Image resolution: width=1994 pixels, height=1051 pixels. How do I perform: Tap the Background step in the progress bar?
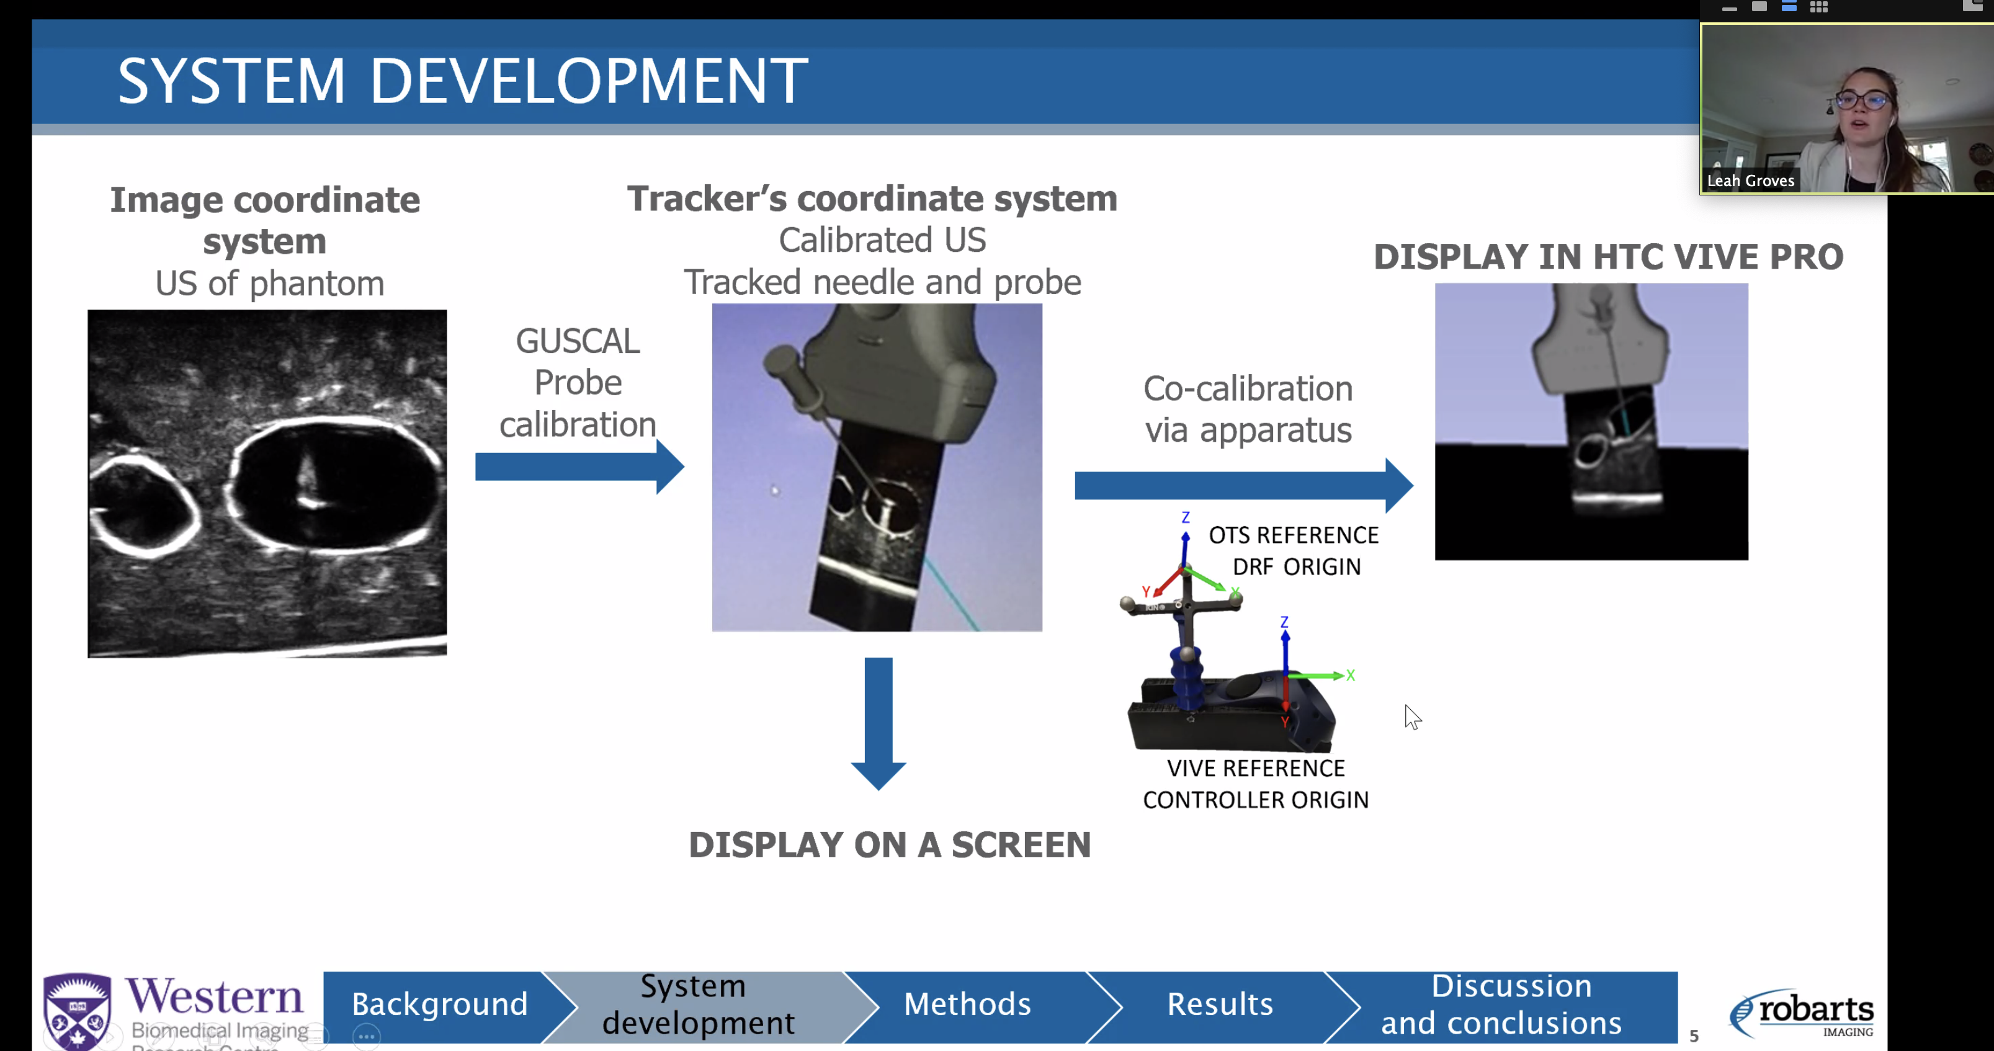(439, 1004)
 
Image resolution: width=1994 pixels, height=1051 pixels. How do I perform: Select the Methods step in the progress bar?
(967, 1004)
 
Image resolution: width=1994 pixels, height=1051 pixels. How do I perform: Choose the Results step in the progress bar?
(1219, 1004)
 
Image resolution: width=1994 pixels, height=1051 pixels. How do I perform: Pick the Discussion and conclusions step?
(1501, 1004)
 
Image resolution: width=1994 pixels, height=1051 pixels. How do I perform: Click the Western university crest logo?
(77, 1010)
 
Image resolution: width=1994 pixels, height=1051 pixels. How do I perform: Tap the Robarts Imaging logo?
(1803, 1013)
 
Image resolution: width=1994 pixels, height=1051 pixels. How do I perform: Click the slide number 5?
(1694, 1035)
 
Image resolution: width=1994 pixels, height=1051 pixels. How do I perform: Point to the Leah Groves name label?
(1750, 181)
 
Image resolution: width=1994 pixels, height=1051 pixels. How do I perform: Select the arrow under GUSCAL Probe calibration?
(579, 467)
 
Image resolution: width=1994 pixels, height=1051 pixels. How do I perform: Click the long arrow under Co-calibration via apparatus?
(1243, 485)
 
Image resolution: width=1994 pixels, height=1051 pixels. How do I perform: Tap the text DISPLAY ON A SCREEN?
(890, 844)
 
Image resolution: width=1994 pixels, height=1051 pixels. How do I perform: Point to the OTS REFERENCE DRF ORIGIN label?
(1294, 550)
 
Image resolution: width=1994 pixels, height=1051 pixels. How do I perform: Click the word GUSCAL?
(578, 341)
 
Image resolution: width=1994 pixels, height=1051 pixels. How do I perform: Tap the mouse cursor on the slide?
(1413, 717)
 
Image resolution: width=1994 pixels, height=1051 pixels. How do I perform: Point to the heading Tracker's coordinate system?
(872, 199)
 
